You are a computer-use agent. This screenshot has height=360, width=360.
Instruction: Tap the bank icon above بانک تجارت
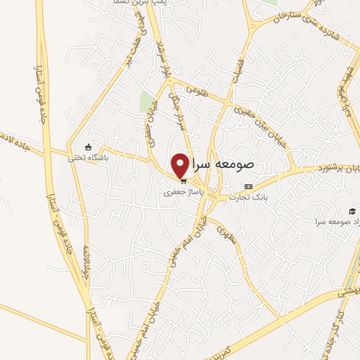tap(247, 186)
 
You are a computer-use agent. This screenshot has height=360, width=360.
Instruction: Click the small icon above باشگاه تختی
tap(88, 147)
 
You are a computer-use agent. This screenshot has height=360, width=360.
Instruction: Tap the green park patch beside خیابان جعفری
tap(146, 103)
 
